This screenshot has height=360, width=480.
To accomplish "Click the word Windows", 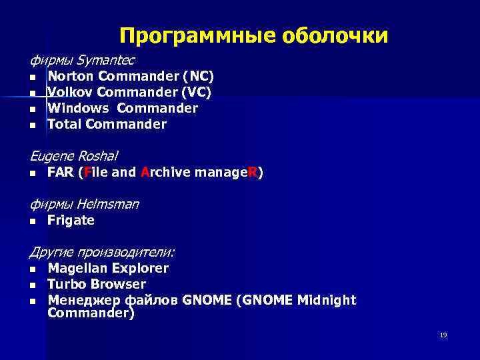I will point(77,108).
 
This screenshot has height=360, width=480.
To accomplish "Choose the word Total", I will point(65,124).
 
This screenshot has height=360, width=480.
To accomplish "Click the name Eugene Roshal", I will point(73,156).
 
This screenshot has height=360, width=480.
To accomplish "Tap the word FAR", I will point(60,173).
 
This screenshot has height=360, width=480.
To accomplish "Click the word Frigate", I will point(71,221).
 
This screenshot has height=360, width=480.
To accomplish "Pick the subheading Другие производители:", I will point(102,252).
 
